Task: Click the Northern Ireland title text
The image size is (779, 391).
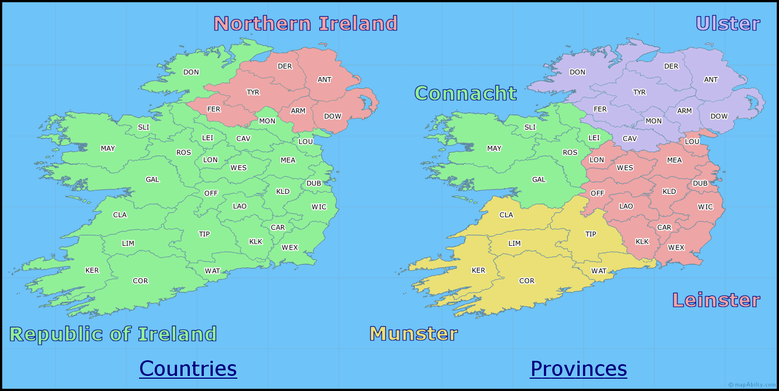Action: coord(305,24)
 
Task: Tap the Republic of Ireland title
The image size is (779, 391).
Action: coord(113,334)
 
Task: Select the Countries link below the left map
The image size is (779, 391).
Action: coord(188,369)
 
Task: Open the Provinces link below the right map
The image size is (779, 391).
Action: coord(579,369)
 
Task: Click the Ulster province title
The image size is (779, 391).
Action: coord(728,24)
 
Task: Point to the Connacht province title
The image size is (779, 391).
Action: coord(466,93)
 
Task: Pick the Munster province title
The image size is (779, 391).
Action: coord(414,333)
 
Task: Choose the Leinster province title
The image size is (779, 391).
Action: coord(716,300)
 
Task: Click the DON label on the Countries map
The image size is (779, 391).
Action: coord(191,72)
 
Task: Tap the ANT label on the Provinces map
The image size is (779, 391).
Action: coord(711,80)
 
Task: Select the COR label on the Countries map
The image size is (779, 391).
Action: coord(141,281)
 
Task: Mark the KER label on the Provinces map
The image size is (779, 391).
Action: coord(479,270)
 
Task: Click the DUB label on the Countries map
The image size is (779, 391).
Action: coord(313,183)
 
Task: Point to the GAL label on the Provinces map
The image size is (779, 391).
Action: coord(539,180)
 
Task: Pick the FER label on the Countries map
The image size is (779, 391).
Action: coord(214,109)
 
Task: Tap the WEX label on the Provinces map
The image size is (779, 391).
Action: coord(676,247)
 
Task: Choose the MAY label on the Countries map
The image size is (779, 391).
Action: coord(108,149)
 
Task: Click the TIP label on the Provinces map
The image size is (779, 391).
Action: coord(591,234)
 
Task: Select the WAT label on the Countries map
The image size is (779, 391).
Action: coord(212,271)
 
